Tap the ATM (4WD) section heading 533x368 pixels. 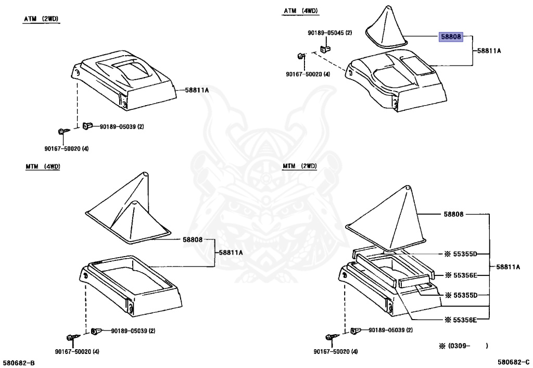point(301,11)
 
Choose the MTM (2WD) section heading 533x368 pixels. point(300,167)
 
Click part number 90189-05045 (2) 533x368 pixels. point(329,33)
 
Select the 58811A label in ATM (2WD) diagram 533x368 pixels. point(197,90)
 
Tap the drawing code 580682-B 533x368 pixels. point(19,362)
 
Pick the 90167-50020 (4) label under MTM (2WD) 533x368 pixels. point(336,351)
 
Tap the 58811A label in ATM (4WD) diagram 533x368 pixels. point(489,51)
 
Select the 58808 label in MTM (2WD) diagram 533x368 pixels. point(453,214)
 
